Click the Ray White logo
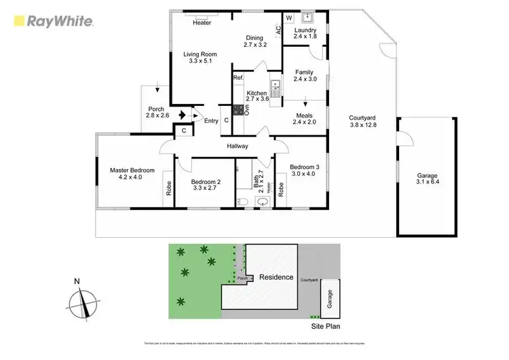tap(51, 22)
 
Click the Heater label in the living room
tap(202, 22)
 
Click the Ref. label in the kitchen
tap(238, 79)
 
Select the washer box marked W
tap(288, 18)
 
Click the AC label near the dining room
tap(278, 30)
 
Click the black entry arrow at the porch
tap(183, 114)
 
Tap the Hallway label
tap(238, 146)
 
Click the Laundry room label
tap(305, 33)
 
